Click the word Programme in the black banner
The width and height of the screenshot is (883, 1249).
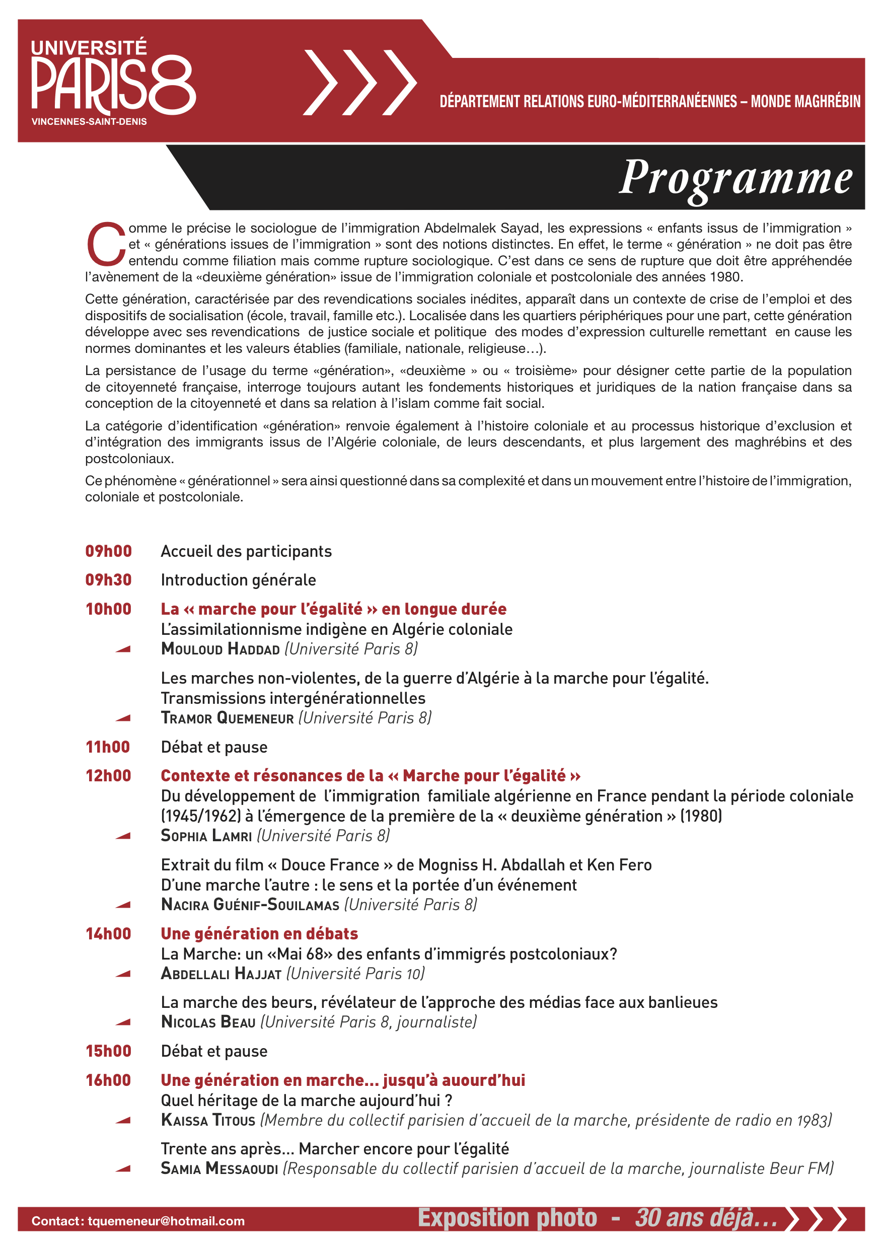click(x=735, y=177)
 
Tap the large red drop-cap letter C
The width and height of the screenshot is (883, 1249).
click(x=106, y=244)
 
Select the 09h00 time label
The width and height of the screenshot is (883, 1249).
click(x=108, y=551)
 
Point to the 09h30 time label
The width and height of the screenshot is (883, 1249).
click(x=108, y=580)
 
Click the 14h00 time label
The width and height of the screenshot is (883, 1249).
click(x=108, y=934)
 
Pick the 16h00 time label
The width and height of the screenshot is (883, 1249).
click(x=108, y=1080)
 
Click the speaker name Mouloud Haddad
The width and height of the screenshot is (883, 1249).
click(x=220, y=649)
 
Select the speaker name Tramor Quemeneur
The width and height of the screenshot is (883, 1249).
click(x=228, y=718)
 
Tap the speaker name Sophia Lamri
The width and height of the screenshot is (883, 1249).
click(x=206, y=836)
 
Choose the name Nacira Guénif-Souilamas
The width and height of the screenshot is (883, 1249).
click(x=250, y=905)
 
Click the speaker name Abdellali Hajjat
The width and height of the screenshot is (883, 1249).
click(x=221, y=974)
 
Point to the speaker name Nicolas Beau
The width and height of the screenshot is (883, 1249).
click(x=208, y=1022)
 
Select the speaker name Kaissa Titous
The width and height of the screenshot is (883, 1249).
click(x=208, y=1121)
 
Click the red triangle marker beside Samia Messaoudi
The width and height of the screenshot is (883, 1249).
click(x=123, y=1168)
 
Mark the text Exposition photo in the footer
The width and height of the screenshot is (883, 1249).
click(x=507, y=1218)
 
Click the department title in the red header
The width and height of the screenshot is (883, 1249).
click(x=649, y=101)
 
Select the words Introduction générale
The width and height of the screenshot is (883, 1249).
click(x=238, y=580)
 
